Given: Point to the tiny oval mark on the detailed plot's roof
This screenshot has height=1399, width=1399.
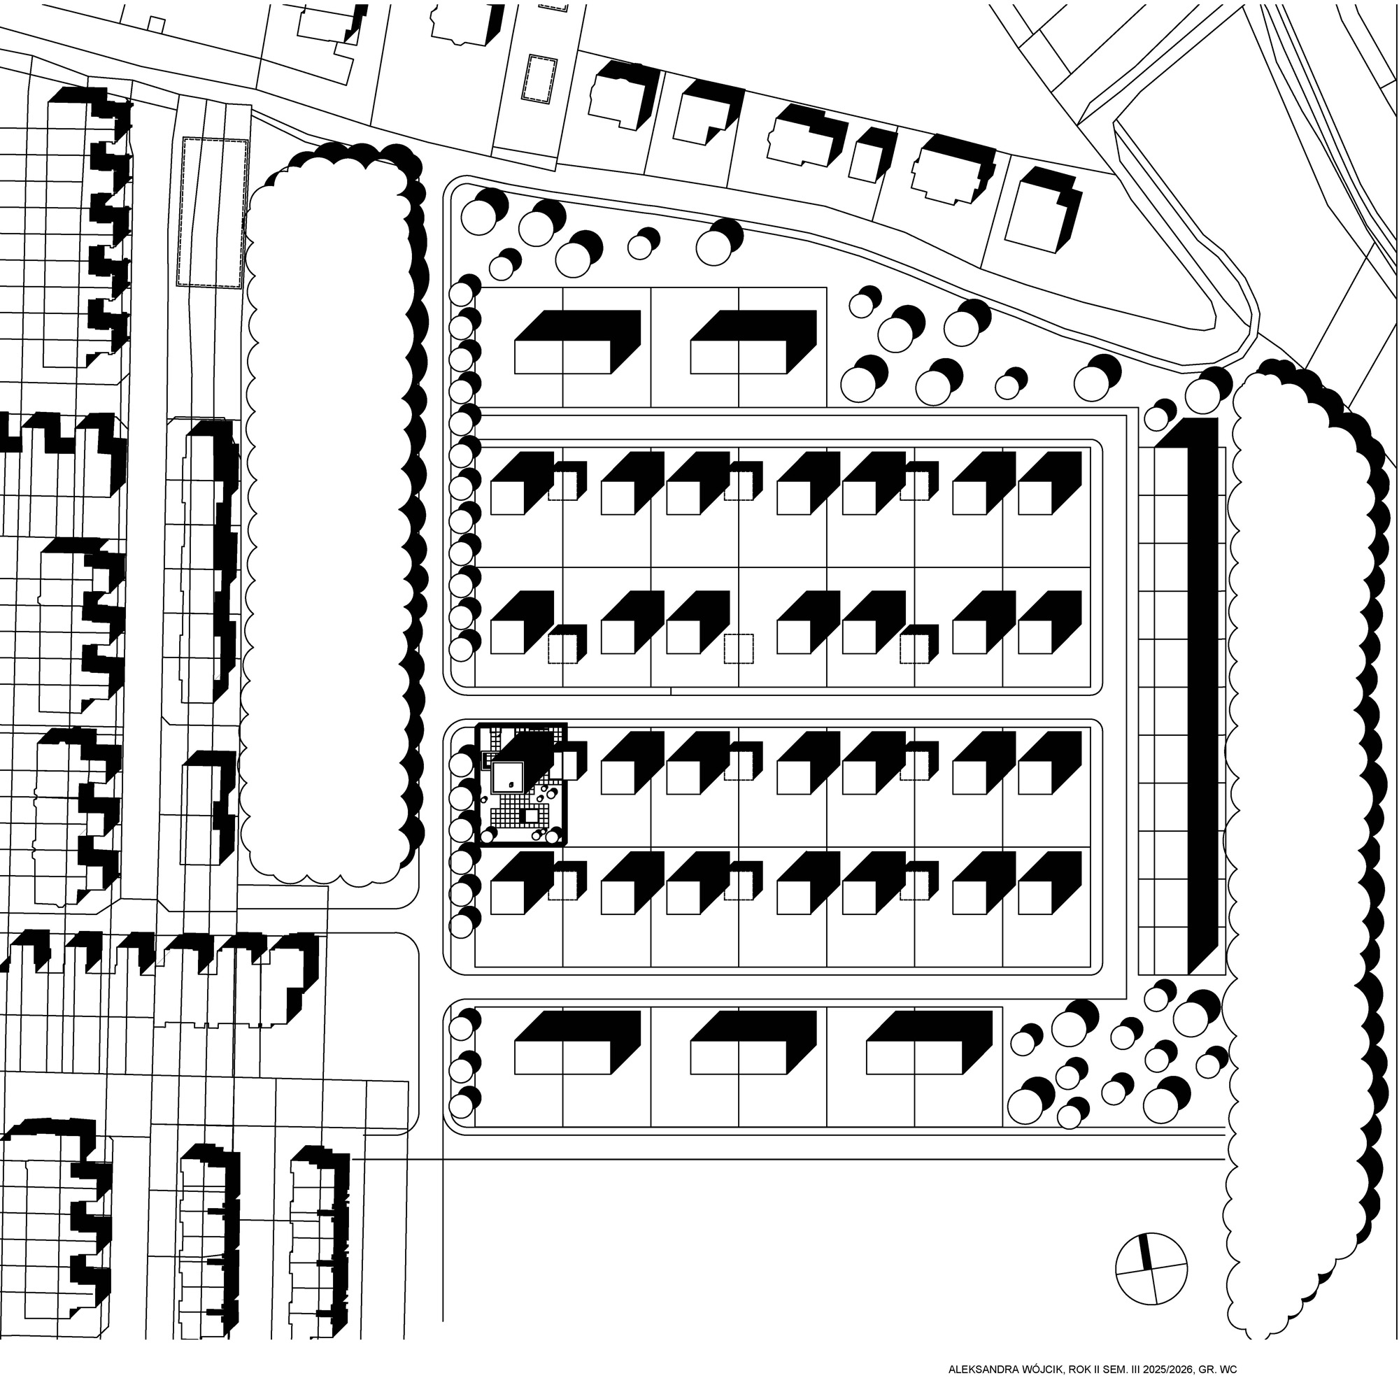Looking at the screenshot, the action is (511, 785).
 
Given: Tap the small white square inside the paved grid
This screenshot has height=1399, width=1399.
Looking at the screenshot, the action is (532, 817).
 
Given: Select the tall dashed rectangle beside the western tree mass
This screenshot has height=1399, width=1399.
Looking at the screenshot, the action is (213, 212).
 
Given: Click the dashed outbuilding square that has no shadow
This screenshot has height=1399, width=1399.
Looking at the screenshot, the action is (739, 649).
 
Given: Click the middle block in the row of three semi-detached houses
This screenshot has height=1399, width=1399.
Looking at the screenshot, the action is (754, 1042).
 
